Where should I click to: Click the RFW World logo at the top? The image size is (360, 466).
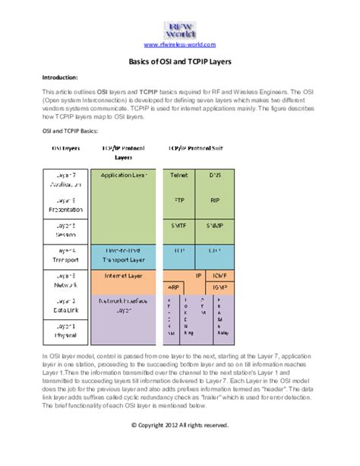180,30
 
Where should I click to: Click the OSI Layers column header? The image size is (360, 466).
64,148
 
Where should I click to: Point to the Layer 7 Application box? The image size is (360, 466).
64,179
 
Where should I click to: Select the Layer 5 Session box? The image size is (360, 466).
64,230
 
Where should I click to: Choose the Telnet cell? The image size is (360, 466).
178,175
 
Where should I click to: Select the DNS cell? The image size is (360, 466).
215,175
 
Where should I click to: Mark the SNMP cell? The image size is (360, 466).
215,227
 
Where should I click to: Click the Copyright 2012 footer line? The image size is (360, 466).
179,424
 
